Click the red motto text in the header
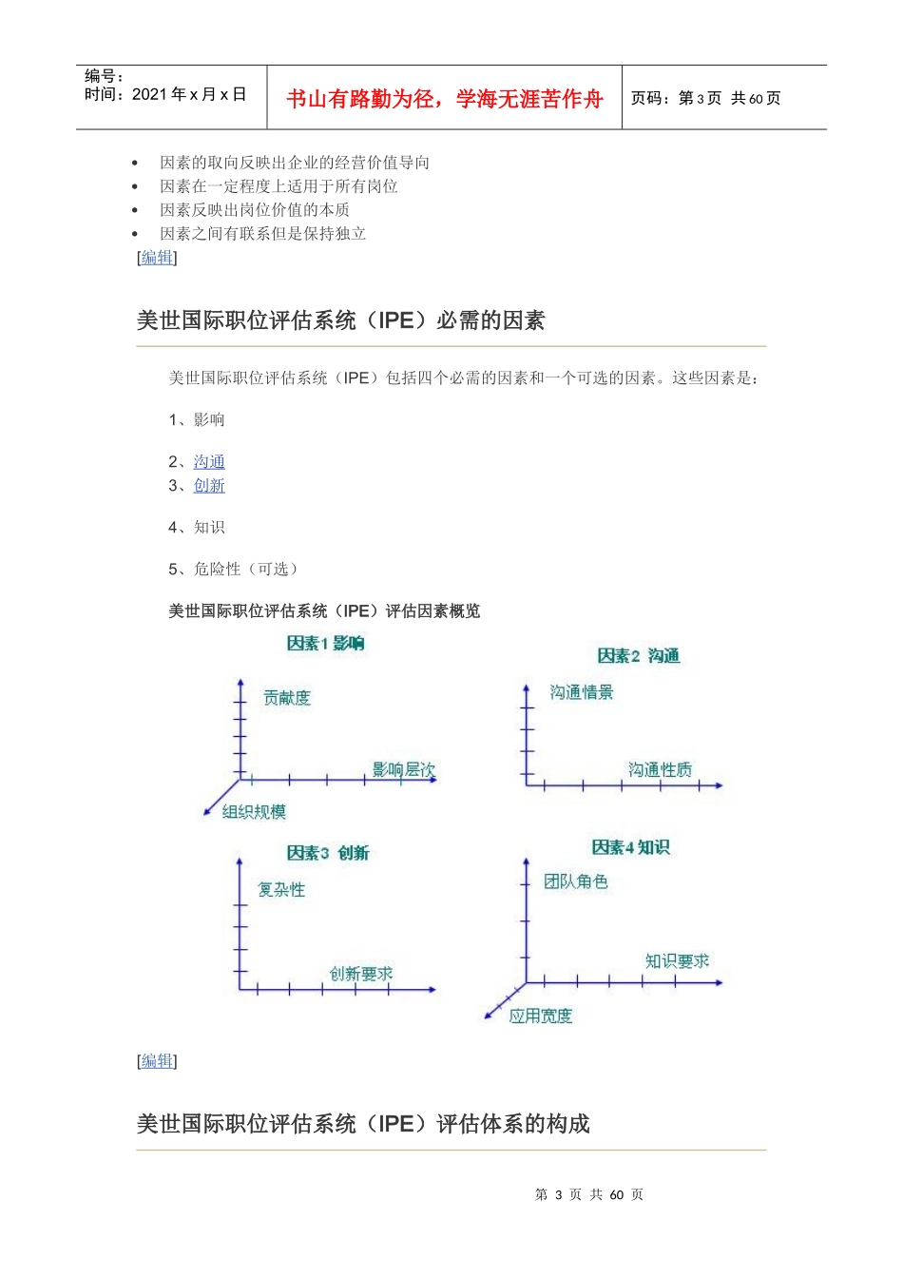(x=444, y=99)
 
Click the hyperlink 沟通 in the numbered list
(x=209, y=462)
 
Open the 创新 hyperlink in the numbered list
(x=209, y=486)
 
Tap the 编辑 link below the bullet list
(x=157, y=258)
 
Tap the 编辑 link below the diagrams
(x=157, y=1061)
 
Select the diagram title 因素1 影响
(x=325, y=644)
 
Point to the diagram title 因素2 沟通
(x=638, y=656)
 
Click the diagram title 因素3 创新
(x=328, y=853)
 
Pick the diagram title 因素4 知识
(x=630, y=847)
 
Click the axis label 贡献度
(x=287, y=698)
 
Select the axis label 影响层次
(x=403, y=769)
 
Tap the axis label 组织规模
(x=254, y=812)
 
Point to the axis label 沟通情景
(x=582, y=692)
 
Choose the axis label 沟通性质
(x=660, y=769)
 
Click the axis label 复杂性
(x=281, y=890)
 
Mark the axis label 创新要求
(x=361, y=974)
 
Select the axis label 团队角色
(x=576, y=881)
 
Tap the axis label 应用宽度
(x=541, y=1017)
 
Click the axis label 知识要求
(x=677, y=961)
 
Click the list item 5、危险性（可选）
(x=234, y=570)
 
